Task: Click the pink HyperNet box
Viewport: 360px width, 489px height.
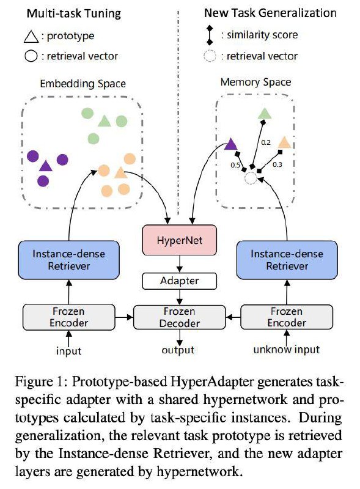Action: click(179, 240)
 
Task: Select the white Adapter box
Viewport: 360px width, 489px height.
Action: click(179, 281)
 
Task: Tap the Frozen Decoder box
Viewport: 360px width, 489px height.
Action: click(179, 317)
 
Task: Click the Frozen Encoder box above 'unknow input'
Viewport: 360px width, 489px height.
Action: click(287, 317)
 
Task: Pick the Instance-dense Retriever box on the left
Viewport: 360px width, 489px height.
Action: click(68, 260)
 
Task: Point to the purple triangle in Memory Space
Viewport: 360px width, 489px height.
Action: click(231, 144)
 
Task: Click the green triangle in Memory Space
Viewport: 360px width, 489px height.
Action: click(265, 114)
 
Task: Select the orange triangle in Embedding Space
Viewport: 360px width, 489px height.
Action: click(120, 172)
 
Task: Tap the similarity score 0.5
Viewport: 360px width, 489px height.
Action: click(235, 165)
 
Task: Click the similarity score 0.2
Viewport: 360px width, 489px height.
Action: click(266, 142)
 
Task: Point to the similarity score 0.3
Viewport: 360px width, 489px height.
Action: click(277, 164)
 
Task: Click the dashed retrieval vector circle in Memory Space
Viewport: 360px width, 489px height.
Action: click(251, 178)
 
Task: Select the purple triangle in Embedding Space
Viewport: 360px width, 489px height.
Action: click(46, 166)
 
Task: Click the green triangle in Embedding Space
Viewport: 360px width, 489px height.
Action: click(105, 120)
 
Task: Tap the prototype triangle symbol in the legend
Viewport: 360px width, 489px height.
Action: click(31, 37)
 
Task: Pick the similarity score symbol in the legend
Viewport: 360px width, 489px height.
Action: click(210, 35)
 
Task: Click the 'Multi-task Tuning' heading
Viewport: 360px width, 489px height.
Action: click(73, 13)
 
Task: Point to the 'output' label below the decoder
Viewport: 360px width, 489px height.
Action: click(178, 350)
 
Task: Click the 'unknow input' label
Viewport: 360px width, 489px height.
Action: click(287, 350)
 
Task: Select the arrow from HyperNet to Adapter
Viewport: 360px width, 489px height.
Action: click(179, 264)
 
